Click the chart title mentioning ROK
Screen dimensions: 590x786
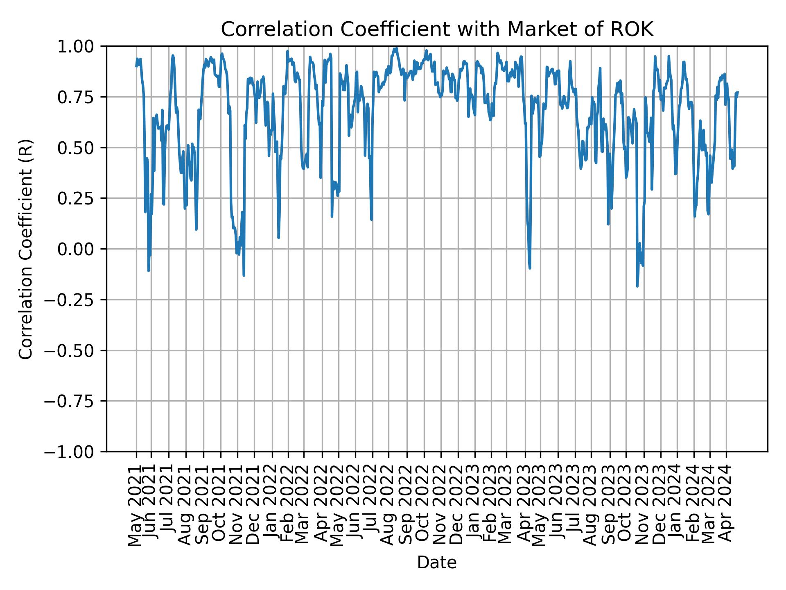[437, 29]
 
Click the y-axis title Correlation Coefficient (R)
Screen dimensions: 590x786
[25, 249]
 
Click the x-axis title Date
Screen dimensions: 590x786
[437, 563]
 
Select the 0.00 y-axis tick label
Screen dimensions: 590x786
[81, 249]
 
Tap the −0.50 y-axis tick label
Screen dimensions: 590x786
[75, 350]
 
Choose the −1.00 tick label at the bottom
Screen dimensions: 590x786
[75, 452]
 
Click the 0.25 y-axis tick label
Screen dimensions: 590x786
[81, 198]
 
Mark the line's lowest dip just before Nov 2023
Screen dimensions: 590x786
[637, 286]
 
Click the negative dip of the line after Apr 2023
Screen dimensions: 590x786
[530, 268]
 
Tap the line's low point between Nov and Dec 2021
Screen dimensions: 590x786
[244, 275]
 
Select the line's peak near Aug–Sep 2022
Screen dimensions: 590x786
[396, 48]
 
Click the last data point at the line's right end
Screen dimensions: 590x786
[738, 92]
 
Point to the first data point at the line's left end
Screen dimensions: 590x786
[136, 67]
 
